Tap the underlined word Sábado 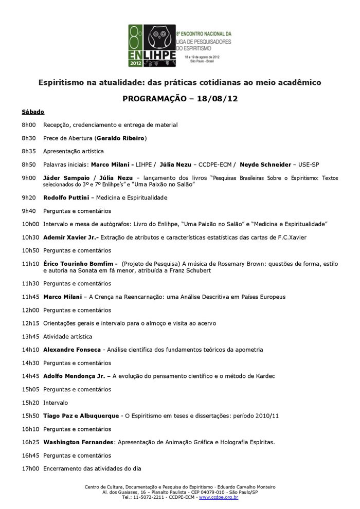pyautogui.click(x=33, y=112)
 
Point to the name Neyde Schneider pyautogui.click(x=266, y=165)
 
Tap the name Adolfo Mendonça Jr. pyautogui.click(x=76, y=376)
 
